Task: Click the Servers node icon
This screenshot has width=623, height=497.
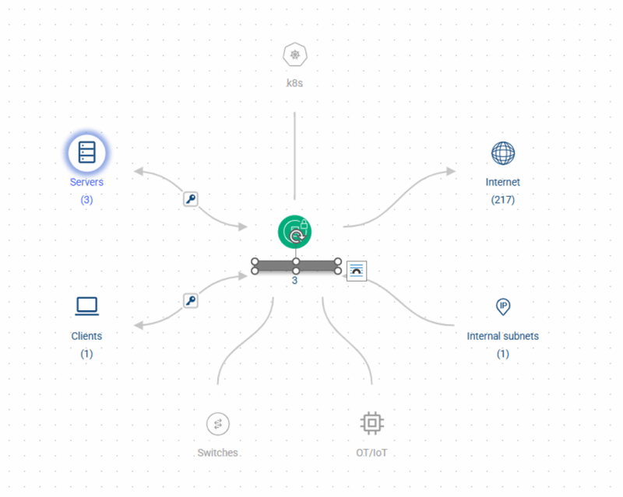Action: (x=87, y=152)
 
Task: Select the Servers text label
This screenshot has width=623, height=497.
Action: (x=86, y=182)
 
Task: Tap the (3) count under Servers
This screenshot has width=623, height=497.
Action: (x=86, y=200)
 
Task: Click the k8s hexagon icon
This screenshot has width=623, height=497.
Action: (x=295, y=54)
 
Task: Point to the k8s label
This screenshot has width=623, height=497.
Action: (x=295, y=83)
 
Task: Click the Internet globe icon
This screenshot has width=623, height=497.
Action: (x=503, y=153)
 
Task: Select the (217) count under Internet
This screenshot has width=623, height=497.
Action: (x=503, y=200)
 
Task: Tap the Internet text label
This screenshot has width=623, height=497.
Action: (x=502, y=182)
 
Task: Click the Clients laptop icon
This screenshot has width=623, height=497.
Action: (x=87, y=306)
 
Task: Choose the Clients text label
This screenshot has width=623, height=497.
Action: (x=86, y=336)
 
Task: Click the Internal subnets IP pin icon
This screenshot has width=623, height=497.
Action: (x=503, y=307)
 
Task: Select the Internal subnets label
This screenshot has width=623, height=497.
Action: (x=502, y=336)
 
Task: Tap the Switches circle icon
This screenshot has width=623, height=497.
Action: (x=218, y=424)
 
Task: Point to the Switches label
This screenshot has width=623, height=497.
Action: (x=218, y=453)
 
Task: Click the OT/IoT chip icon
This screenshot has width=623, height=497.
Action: (x=372, y=423)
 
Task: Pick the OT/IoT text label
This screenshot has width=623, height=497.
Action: (x=371, y=453)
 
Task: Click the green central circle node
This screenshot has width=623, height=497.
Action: (x=295, y=232)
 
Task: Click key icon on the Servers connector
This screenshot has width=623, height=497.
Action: (x=191, y=199)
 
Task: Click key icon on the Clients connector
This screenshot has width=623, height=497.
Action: (x=191, y=300)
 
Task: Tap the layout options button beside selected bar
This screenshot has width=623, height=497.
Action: (x=357, y=271)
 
